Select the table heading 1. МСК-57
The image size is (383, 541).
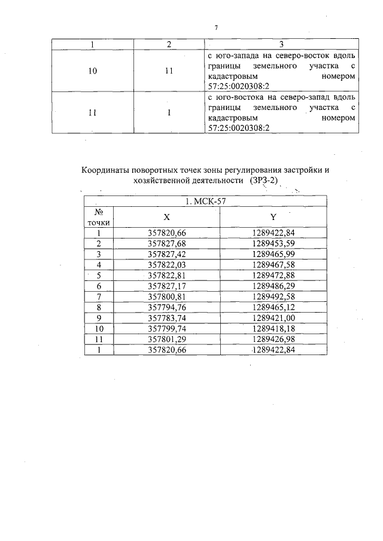click(205, 201)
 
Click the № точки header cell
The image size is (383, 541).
click(99, 217)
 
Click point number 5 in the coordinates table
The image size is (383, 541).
click(99, 276)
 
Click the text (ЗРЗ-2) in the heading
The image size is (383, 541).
click(265, 181)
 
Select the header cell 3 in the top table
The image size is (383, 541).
click(281, 44)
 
